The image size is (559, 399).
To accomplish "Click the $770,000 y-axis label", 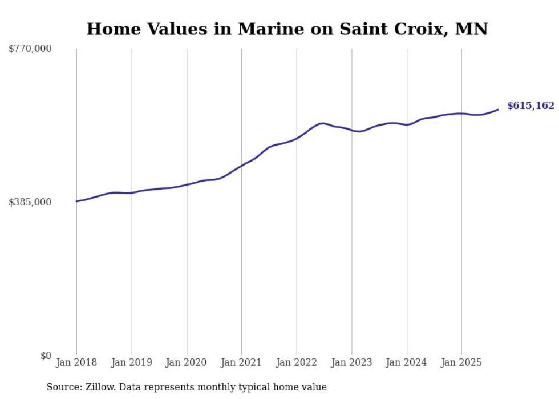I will tap(30, 49).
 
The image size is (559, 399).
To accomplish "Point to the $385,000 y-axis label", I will tap(30, 202).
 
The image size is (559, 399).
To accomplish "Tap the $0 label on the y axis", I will tap(46, 356).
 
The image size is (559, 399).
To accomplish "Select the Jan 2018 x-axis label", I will tap(76, 362).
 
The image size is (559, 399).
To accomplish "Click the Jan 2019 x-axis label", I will tap(132, 362).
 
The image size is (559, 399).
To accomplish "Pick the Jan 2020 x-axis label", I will tap(187, 362).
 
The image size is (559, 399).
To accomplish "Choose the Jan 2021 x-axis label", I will tap(241, 362).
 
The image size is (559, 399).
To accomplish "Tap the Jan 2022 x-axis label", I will tap(297, 362).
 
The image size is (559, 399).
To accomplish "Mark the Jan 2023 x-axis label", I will tap(351, 362).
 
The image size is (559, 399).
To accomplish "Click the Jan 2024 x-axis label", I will tap(407, 362).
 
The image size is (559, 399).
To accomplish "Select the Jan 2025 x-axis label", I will tap(461, 362).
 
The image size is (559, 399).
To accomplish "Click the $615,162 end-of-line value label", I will tap(530, 106).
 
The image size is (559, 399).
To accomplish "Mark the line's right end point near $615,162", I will tap(499, 110).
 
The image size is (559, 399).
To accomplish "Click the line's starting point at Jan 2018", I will tap(76, 201).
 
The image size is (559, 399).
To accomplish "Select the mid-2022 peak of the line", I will tap(322, 123).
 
